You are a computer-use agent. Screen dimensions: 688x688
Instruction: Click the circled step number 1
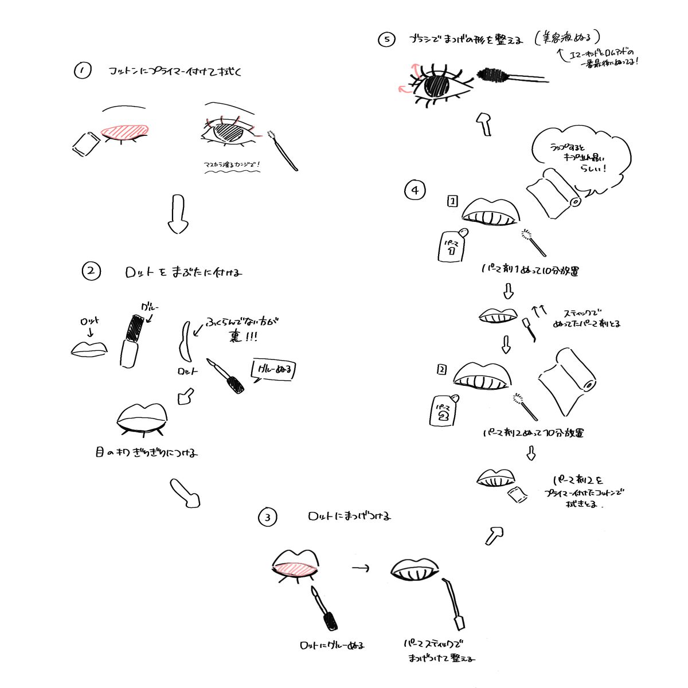tap(83, 71)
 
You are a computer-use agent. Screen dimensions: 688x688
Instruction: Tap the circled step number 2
tap(91, 271)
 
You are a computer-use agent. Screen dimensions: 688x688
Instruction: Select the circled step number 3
tap(267, 518)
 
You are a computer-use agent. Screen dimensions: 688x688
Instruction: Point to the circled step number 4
tap(415, 190)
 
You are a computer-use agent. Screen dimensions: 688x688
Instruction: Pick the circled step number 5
tap(387, 40)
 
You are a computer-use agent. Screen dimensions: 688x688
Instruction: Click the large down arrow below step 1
tap(178, 214)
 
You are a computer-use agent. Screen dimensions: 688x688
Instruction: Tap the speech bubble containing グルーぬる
tap(275, 371)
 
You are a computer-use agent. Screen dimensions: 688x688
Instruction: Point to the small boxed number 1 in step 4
tap(452, 201)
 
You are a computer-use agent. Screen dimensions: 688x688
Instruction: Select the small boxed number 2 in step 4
tap(441, 370)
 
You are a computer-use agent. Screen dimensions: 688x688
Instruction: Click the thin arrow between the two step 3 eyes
tap(359, 568)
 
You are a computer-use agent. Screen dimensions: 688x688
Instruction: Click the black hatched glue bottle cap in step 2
tap(135, 327)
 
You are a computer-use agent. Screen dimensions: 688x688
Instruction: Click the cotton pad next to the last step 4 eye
tap(518, 494)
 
